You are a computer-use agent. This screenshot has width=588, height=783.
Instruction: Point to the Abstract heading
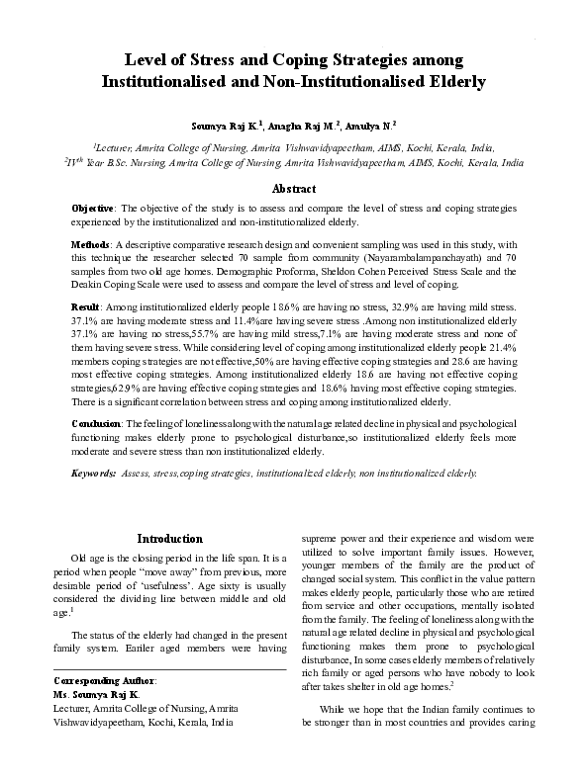(x=293, y=189)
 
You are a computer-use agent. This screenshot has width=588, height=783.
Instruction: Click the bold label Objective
(x=94, y=210)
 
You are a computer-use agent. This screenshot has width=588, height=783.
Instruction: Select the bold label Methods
(x=91, y=243)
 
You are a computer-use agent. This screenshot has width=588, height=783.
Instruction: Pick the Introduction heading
(x=170, y=539)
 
